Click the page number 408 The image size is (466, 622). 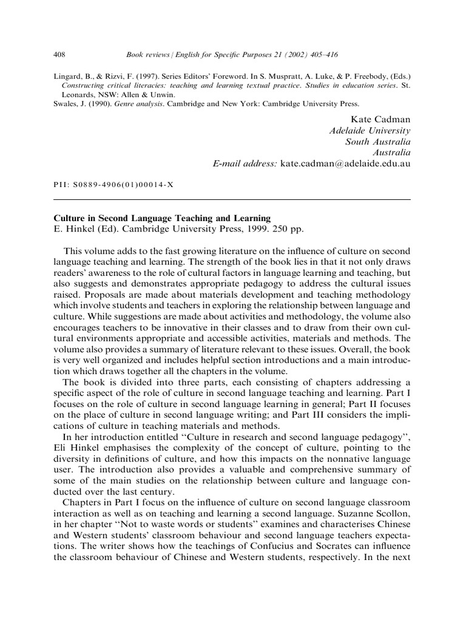[59, 55]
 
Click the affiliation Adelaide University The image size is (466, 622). [370, 130]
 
